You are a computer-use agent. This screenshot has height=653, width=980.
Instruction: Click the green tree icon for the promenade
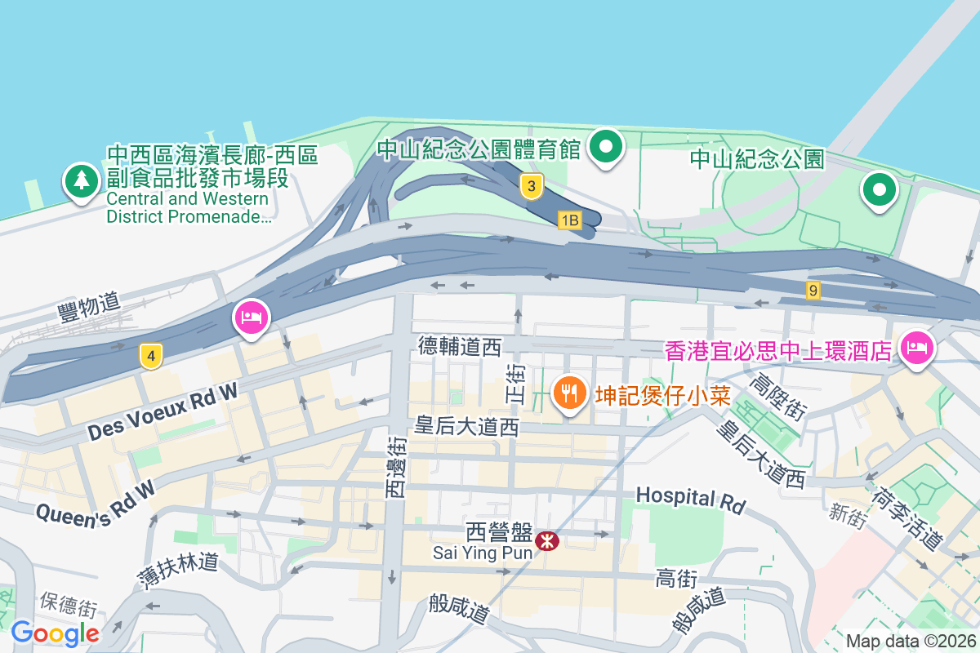click(81, 181)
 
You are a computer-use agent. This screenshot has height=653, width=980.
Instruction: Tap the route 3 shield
click(531, 187)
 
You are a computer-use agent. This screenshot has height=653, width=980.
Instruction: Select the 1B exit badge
click(569, 220)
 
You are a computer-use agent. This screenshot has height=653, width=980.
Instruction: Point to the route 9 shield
click(812, 290)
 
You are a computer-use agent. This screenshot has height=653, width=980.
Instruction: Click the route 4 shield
click(150, 356)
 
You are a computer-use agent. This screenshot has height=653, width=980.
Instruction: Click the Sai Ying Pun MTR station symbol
click(546, 540)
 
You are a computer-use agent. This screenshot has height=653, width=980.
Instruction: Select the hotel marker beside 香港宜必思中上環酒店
click(916, 346)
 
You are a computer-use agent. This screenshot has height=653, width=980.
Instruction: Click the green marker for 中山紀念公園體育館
click(607, 147)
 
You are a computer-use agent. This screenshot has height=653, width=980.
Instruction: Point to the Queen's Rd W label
click(96, 502)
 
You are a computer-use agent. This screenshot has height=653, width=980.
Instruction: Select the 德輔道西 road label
click(459, 347)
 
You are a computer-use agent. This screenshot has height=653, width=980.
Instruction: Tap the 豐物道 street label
click(88, 304)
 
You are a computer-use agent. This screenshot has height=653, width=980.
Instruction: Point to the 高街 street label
click(675, 579)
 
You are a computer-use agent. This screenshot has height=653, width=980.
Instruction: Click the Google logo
click(55, 633)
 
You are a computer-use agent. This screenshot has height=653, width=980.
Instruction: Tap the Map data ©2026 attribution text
click(911, 642)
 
